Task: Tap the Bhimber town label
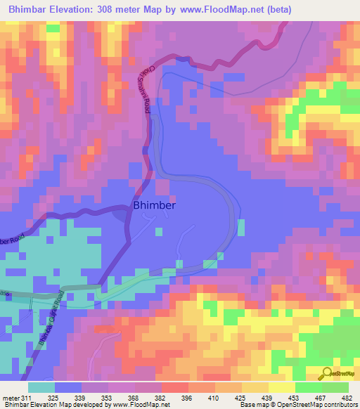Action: [x=154, y=206]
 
